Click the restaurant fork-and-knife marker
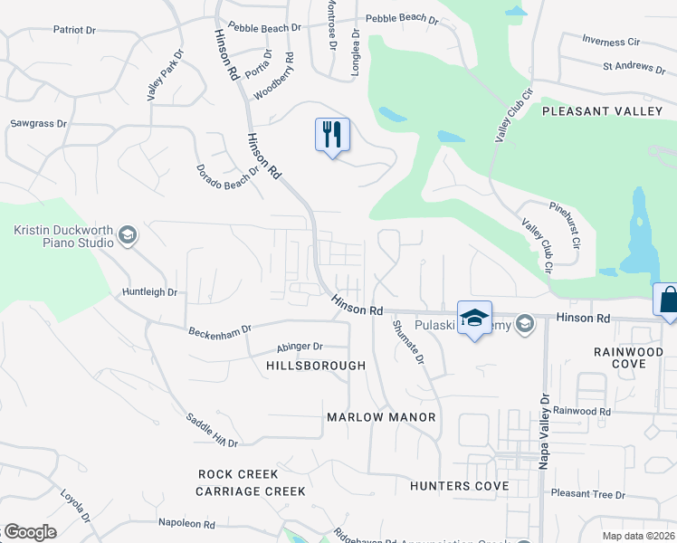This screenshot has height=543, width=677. point(332,135)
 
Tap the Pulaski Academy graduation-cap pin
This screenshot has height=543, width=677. point(474,318)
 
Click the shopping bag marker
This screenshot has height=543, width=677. point(668,300)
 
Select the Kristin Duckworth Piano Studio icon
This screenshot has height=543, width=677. point(128,236)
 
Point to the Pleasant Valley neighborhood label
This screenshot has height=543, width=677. point(602,110)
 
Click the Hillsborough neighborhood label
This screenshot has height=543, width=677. point(316,366)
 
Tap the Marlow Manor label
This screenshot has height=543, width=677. point(381,417)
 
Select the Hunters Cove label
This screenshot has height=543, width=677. point(459,486)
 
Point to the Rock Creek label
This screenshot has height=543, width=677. point(239,474)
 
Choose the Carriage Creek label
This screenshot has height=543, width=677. point(251,491)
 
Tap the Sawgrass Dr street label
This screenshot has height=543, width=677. point(40,123)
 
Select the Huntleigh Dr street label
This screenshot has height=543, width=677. point(150,292)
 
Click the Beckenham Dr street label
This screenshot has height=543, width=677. point(219,332)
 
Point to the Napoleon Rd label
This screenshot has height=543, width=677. point(186,524)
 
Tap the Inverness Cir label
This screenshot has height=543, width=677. point(611,42)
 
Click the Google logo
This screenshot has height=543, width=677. point(30,532)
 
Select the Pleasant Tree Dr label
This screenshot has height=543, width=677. point(588,495)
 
